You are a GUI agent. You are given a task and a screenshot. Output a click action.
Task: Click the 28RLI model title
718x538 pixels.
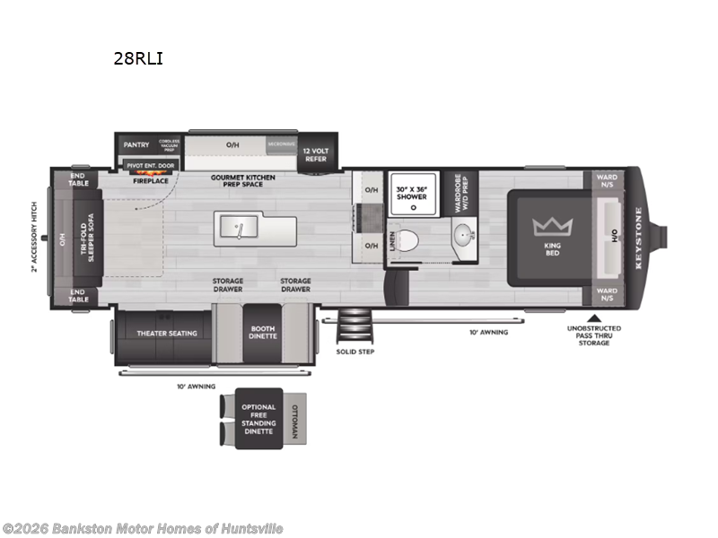[138, 59]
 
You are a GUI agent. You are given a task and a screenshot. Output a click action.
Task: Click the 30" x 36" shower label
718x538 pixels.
[412, 192]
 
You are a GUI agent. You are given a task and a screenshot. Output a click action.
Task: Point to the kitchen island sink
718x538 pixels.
[239, 229]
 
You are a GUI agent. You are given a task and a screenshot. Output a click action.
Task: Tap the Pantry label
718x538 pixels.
[136, 144]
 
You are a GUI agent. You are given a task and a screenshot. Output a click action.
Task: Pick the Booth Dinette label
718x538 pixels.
[263, 333]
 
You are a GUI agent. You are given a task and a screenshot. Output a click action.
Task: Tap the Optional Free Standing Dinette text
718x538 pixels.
[258, 419]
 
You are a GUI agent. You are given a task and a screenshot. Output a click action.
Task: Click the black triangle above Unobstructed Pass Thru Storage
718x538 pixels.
[593, 317]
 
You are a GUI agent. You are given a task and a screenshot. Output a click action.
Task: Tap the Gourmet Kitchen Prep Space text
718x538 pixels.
[243, 182]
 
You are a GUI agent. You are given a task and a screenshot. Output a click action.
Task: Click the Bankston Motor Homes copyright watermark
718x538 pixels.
[143, 529]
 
